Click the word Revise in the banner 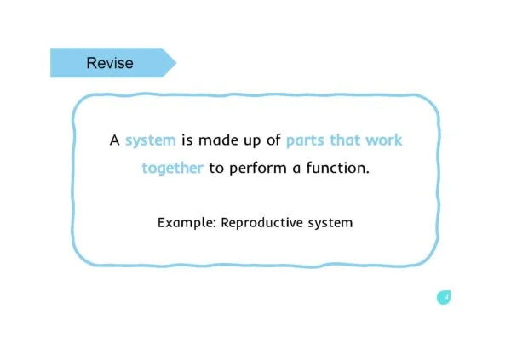click(110, 63)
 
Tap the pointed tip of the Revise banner click(176, 62)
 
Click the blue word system click(151, 140)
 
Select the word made click(218, 140)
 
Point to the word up click(252, 141)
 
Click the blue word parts click(305, 140)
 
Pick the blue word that click(345, 140)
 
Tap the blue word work click(384, 140)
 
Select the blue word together click(172, 169)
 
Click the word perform click(258, 169)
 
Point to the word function click(337, 168)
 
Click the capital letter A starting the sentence click(114, 140)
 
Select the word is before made click(187, 140)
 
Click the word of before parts click(273, 140)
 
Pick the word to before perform click(216, 169)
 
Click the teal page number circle click(444, 298)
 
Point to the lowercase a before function click(296, 169)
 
